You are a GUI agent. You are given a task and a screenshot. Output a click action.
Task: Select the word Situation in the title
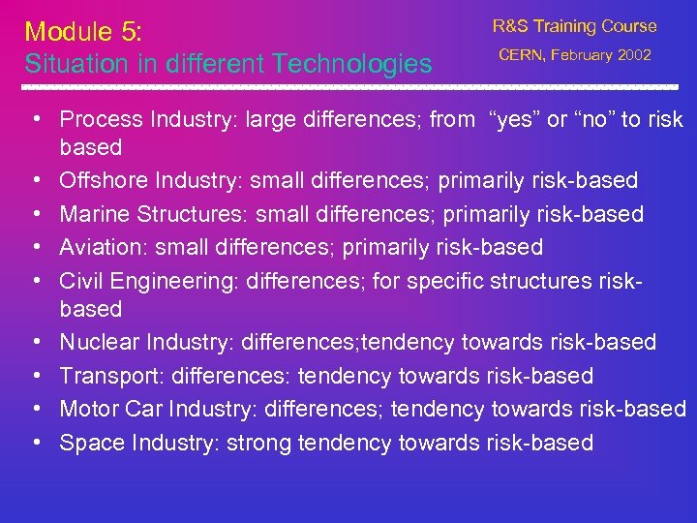click(70, 65)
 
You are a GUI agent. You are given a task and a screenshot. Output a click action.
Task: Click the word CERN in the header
click(524, 55)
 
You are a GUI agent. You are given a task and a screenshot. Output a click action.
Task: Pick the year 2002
click(634, 55)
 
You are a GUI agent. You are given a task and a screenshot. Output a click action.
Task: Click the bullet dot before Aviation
click(34, 247)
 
